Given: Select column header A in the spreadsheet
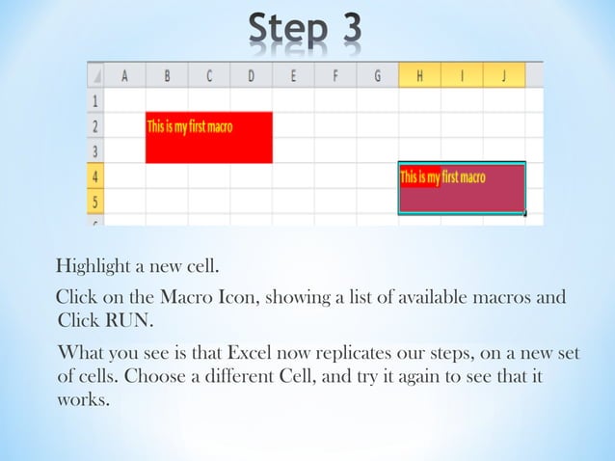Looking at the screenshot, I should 124,74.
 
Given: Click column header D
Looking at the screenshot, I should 251,74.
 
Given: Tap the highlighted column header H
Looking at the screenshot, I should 419,74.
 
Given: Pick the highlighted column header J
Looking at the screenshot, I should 503,74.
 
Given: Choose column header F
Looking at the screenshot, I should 335,74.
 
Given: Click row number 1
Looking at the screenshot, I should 95,99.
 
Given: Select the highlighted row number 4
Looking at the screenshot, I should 95,176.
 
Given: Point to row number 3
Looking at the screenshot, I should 95,151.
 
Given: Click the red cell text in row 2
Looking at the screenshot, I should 189,126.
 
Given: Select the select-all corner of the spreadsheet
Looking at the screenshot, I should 95,74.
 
